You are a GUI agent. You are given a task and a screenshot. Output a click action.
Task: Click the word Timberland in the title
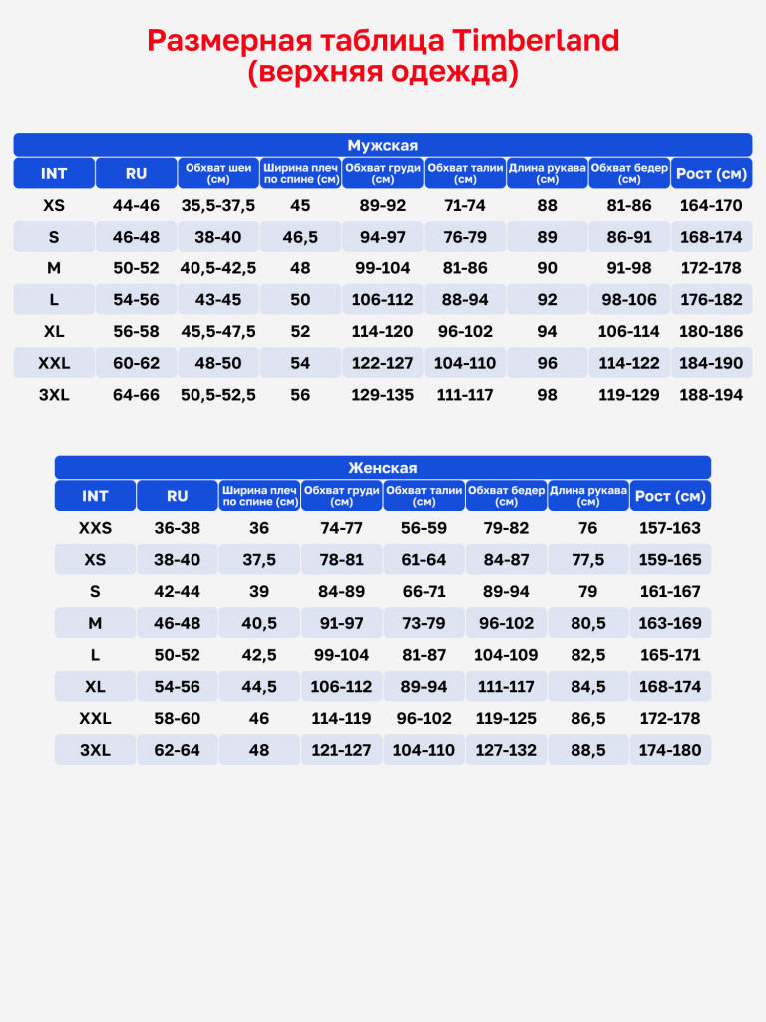click(x=536, y=41)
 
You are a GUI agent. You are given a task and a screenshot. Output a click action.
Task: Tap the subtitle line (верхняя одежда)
click(x=383, y=73)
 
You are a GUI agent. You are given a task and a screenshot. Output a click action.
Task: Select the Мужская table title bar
click(x=383, y=145)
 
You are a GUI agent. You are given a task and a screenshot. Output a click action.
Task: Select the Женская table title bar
click(x=383, y=468)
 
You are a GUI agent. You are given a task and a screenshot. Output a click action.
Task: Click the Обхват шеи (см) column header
click(x=218, y=173)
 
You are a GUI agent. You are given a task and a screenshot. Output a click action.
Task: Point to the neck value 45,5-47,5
click(x=218, y=331)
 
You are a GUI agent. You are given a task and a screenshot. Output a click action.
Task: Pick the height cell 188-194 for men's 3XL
click(x=711, y=395)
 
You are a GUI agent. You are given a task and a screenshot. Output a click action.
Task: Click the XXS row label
click(x=95, y=528)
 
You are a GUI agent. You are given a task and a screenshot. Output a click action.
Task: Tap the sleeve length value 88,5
click(x=588, y=750)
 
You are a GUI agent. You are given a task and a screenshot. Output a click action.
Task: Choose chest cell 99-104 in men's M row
click(x=382, y=268)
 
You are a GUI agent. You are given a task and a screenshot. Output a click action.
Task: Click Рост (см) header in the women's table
click(x=670, y=496)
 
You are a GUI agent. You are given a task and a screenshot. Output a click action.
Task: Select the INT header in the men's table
click(x=54, y=173)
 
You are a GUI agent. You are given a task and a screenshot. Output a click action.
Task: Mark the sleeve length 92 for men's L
click(x=548, y=300)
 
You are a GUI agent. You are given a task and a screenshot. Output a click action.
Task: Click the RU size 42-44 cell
click(x=177, y=591)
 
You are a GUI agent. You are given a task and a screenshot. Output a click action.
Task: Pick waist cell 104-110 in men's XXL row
click(x=465, y=363)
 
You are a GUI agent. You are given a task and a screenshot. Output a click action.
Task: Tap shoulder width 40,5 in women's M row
click(x=259, y=623)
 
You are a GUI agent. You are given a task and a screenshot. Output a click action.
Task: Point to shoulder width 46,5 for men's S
click(x=300, y=237)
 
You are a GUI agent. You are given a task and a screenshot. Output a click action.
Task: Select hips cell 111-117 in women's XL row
click(x=506, y=687)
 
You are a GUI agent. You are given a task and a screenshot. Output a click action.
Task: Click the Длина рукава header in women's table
click(x=588, y=496)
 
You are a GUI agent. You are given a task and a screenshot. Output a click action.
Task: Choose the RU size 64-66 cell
click(x=136, y=395)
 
